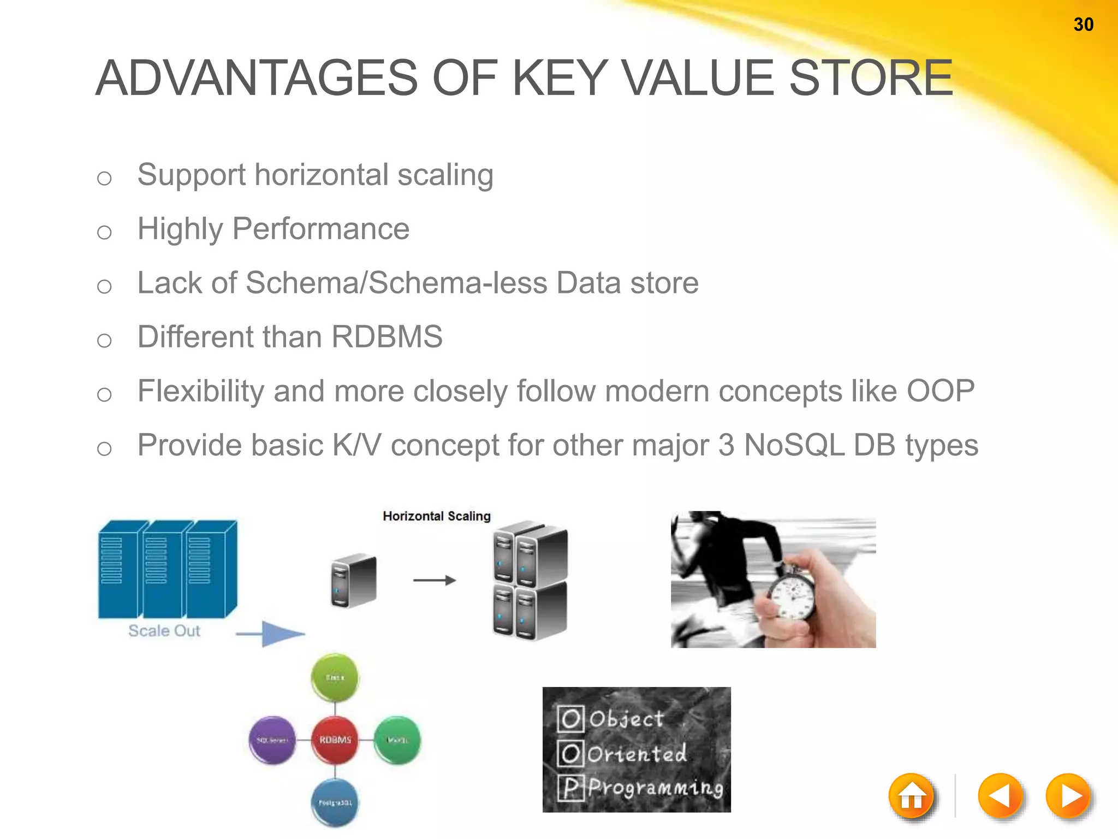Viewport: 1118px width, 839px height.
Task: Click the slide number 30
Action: (x=1083, y=25)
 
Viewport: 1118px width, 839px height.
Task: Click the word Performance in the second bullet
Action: (x=321, y=228)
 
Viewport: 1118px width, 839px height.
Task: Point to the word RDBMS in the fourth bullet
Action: (x=386, y=336)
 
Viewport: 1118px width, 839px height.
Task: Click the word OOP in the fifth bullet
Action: (x=940, y=391)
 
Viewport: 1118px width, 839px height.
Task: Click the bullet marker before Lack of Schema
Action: (x=104, y=286)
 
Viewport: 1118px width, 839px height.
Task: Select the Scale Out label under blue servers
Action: (x=164, y=631)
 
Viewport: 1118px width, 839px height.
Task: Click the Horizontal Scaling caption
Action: (x=436, y=516)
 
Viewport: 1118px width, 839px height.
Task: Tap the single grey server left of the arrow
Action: (x=354, y=581)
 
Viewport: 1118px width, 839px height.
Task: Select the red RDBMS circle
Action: (x=335, y=740)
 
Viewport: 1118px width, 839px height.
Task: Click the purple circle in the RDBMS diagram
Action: (x=272, y=740)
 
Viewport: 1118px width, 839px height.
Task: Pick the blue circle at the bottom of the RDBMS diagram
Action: (x=335, y=802)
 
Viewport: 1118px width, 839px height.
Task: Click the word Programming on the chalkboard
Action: (x=655, y=788)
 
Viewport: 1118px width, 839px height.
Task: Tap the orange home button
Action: (x=911, y=796)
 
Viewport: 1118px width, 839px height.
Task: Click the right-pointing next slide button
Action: (x=1068, y=796)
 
